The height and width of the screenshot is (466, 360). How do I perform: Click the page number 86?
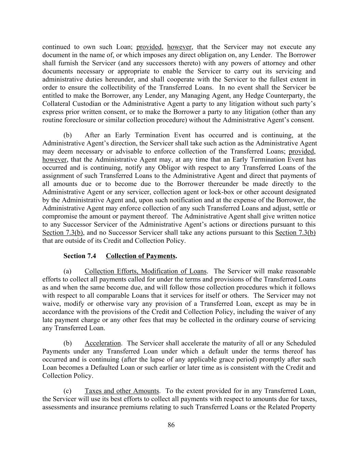(x=171, y=425)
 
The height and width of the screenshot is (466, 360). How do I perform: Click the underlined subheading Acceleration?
(x=103, y=343)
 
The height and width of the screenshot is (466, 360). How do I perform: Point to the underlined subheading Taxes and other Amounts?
(x=122, y=391)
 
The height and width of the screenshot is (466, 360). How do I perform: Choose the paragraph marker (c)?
(x=68, y=391)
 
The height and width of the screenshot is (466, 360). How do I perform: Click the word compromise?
(x=58, y=216)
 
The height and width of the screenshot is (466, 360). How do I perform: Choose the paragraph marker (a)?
(x=68, y=271)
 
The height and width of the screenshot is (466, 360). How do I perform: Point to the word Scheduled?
(x=301, y=343)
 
